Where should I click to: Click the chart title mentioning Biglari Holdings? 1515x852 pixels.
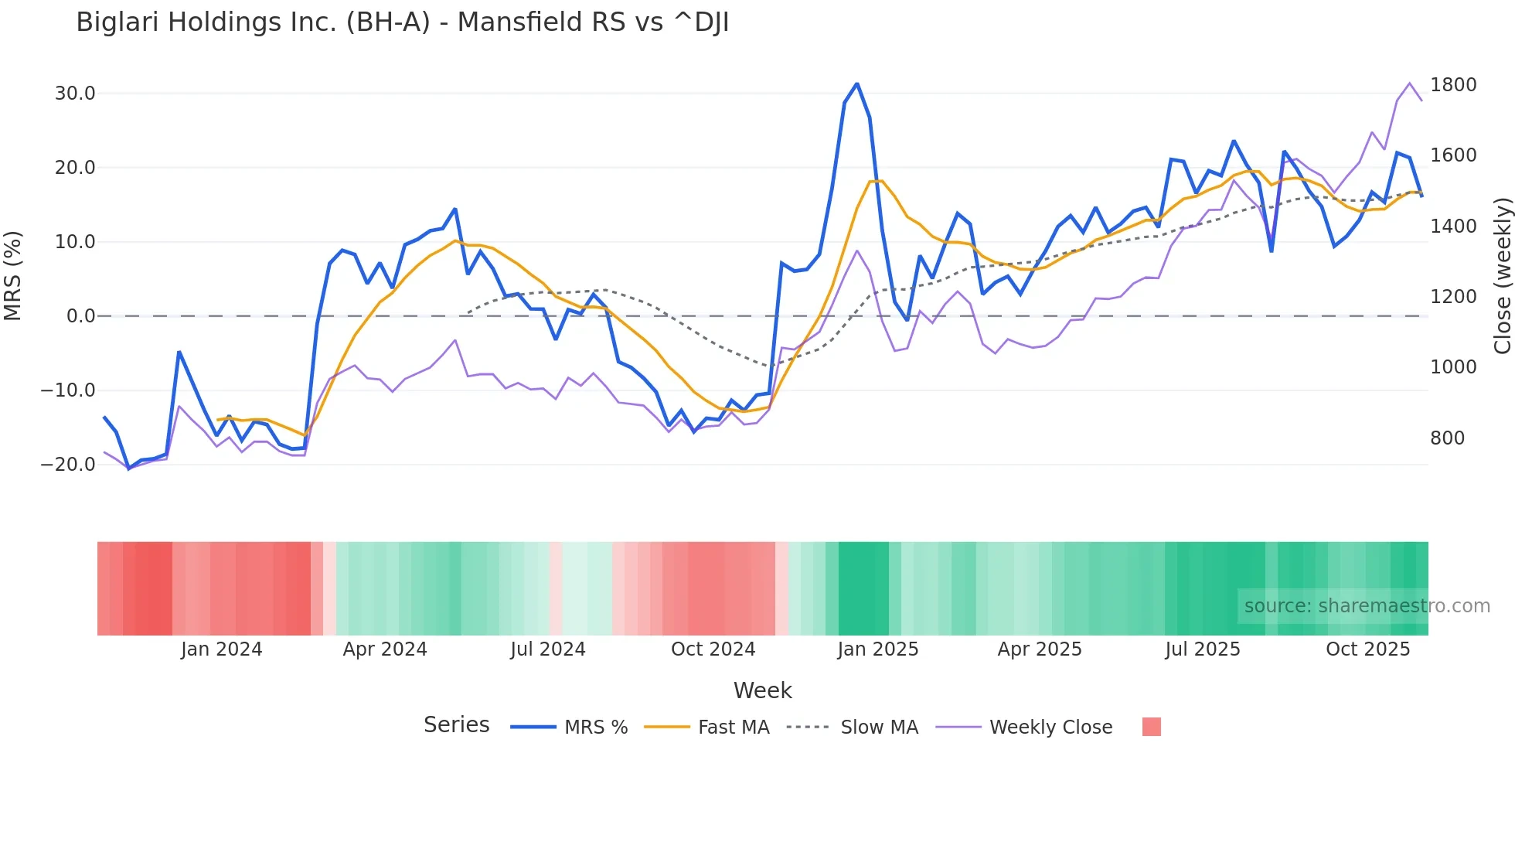(x=402, y=22)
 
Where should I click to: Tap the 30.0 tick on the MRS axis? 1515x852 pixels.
(x=75, y=94)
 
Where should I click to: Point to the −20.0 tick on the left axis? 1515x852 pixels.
(x=69, y=465)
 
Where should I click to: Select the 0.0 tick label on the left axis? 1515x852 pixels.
(x=81, y=316)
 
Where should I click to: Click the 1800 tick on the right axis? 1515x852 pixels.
(x=1453, y=85)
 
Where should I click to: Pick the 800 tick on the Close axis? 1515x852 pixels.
(x=1448, y=438)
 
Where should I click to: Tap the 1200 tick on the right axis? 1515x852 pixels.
(x=1453, y=297)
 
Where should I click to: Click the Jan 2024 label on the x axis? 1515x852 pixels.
(x=222, y=649)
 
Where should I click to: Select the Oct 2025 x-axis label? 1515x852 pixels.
(x=1368, y=649)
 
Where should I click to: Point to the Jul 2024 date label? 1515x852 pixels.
(x=548, y=649)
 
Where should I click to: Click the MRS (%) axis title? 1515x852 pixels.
(x=13, y=276)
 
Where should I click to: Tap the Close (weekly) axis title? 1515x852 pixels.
(x=1503, y=276)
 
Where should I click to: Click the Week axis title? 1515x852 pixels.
(x=762, y=690)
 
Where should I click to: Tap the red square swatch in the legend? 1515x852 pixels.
(x=1152, y=727)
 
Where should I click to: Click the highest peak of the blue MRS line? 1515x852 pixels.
(x=857, y=83)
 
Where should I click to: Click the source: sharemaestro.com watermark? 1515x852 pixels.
(x=1367, y=606)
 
